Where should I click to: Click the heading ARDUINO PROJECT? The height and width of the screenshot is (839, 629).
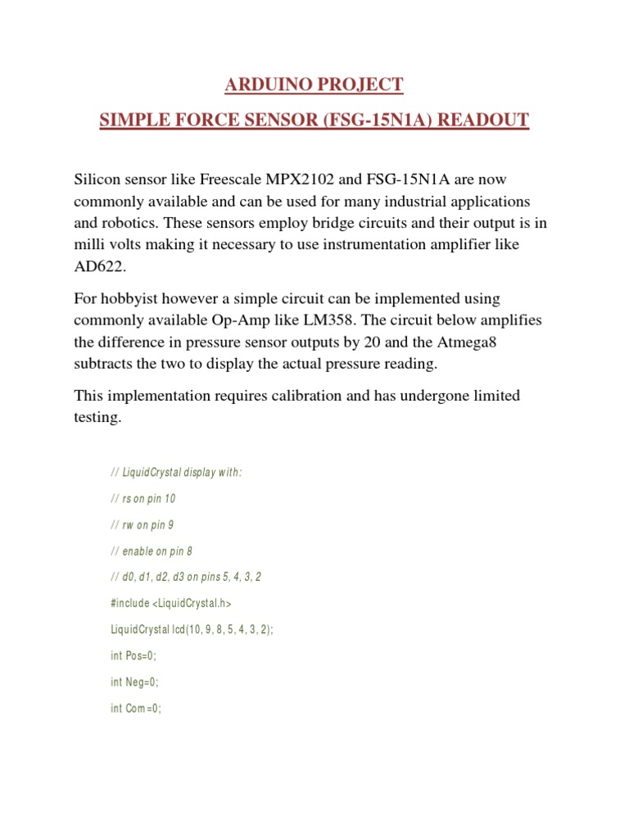click(314, 84)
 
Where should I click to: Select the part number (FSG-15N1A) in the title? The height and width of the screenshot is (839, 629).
click(378, 121)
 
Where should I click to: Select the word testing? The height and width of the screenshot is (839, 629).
click(97, 417)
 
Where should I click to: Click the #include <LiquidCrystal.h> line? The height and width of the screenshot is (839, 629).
click(171, 603)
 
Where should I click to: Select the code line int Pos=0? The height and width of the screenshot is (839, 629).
click(133, 655)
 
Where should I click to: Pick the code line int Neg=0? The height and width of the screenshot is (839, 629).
click(134, 682)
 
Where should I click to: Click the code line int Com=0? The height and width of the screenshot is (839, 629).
click(136, 708)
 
